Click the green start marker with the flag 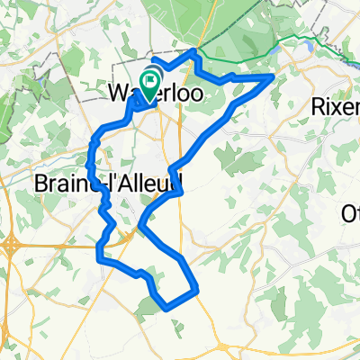150,78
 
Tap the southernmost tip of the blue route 168,309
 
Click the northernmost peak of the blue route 193,52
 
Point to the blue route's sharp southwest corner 98,262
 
